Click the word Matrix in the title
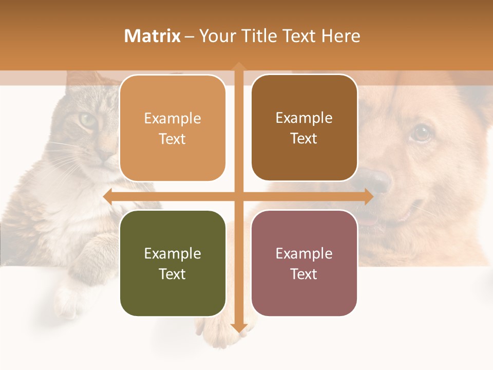(153, 36)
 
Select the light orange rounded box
(173, 128)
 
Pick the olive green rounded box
(173, 263)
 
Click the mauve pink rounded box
(304, 263)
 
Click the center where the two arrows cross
(238, 196)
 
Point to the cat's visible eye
(87, 121)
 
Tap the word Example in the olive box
(173, 253)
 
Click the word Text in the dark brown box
(304, 138)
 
